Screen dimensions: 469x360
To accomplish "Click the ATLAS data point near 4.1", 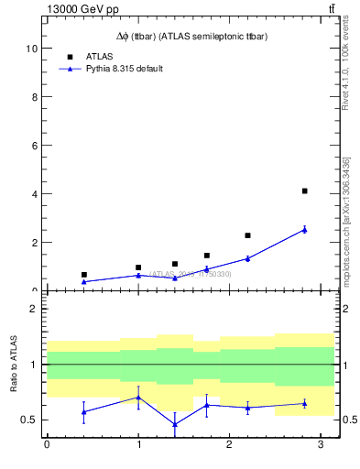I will tap(304, 191).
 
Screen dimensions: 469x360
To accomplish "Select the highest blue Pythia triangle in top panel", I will tap(304, 229).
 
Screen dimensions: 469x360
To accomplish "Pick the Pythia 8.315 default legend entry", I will tap(124, 69).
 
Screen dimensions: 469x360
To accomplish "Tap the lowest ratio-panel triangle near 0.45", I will tap(175, 424).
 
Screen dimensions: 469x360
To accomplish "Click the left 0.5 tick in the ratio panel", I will tap(30, 420).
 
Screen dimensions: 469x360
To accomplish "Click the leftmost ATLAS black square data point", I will tap(83, 275).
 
